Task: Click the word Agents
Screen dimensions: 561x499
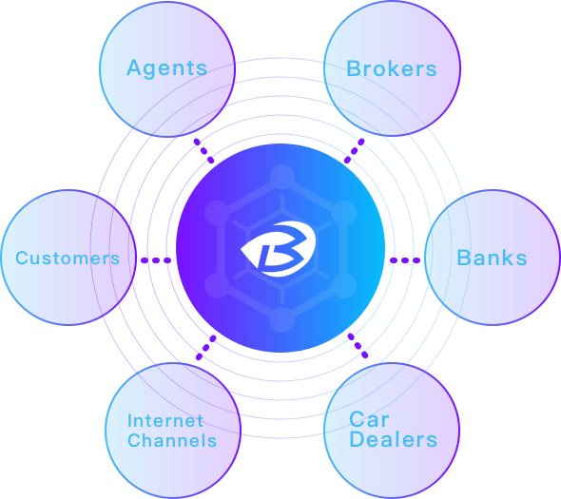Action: click(167, 68)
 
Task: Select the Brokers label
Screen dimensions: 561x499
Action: click(392, 68)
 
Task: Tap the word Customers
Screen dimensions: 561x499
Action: click(68, 258)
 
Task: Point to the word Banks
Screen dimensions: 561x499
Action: click(492, 258)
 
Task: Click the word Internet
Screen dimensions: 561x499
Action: click(165, 420)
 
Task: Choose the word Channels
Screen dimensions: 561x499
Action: click(172, 440)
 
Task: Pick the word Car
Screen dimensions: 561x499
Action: click(369, 419)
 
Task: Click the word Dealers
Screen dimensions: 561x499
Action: click(394, 439)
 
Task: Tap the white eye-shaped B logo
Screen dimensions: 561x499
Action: click(279, 249)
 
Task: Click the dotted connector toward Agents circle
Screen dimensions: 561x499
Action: click(203, 151)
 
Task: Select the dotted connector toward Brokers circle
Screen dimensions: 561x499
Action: click(355, 151)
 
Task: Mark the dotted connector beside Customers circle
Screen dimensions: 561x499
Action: click(156, 260)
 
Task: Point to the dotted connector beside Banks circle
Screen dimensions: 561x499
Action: click(405, 260)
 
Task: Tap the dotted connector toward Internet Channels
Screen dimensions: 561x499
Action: click(206, 347)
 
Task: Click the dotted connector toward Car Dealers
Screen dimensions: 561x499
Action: click(358, 346)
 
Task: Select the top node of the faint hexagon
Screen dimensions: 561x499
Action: click(282, 177)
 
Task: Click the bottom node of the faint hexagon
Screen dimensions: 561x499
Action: click(282, 319)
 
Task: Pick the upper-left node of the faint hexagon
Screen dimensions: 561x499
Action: click(217, 213)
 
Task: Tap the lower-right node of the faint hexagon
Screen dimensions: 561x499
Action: click(344, 285)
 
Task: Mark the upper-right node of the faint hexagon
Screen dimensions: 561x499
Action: click(344, 213)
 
